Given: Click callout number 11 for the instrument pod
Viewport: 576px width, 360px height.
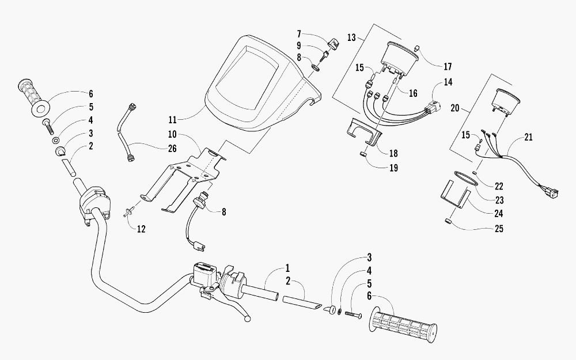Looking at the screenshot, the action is pos(173,120).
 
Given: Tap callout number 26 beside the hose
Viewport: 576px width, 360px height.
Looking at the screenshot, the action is pos(172,149).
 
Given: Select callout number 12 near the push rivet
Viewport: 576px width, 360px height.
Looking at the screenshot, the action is pos(141,229).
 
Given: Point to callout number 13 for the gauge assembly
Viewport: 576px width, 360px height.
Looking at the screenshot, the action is pos(351,37).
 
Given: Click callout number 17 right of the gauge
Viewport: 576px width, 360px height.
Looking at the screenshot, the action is pos(447,66).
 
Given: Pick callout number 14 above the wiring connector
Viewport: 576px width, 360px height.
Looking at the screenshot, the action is pos(448,82).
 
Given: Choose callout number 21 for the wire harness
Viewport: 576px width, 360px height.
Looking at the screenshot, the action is pos(528,137).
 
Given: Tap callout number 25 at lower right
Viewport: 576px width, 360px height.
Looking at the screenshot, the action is pos(498,229).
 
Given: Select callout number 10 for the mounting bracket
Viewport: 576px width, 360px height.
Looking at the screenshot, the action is pos(172,134).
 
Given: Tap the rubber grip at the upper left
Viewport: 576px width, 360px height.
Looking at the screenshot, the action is pos(33,97).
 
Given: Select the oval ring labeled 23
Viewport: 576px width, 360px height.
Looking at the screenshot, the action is pos(465,179).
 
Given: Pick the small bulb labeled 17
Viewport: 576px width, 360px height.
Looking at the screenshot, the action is pos(417,48).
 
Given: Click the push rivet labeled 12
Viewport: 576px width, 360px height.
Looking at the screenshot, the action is pos(130,212).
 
